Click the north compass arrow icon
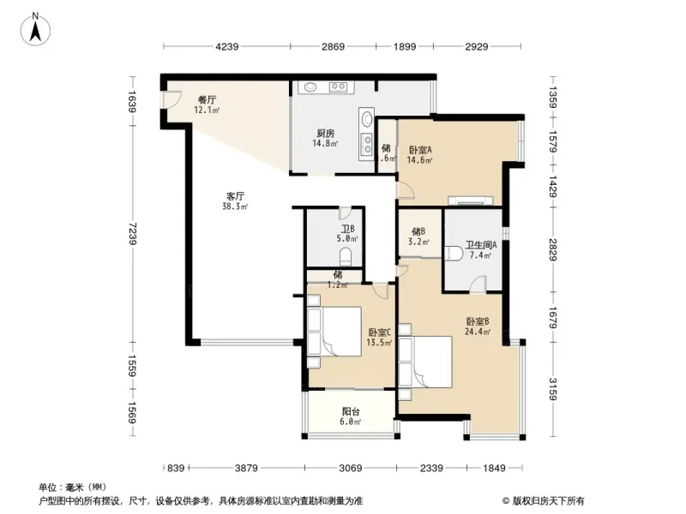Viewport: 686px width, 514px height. (x=37, y=28)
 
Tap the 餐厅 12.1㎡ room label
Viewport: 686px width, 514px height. (x=207, y=105)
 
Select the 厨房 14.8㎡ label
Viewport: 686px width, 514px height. (x=325, y=138)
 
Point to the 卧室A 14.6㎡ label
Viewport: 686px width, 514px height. (x=420, y=153)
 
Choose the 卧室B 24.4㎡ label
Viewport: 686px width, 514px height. (x=477, y=326)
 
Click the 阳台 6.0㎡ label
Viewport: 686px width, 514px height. (x=350, y=415)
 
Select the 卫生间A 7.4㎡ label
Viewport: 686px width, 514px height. (x=481, y=249)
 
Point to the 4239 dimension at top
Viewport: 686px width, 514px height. (x=227, y=46)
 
